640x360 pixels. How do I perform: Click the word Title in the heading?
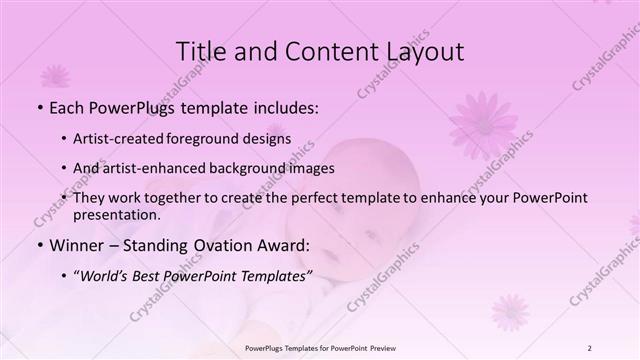tap(200, 51)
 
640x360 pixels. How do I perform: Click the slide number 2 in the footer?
tap(590, 348)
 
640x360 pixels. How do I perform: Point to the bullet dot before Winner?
tap(39, 245)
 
